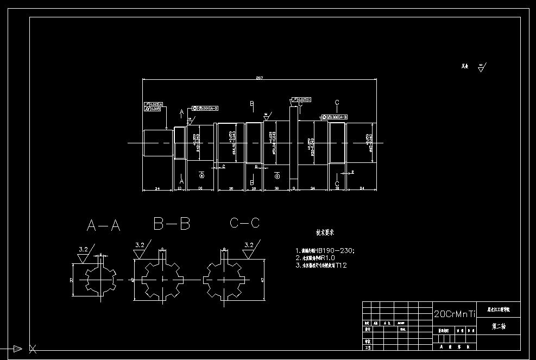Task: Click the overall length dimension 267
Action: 260,78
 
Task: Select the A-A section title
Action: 103,225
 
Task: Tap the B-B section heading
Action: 172,223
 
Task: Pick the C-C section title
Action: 245,223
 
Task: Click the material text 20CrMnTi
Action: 455,314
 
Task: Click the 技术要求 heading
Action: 326,232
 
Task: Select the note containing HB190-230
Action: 325,250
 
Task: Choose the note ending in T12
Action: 321,266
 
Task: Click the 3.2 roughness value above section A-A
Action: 83,249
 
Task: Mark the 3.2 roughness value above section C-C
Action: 249,245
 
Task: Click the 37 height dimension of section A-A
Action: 72,280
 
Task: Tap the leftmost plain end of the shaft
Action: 154,143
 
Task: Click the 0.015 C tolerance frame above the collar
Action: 302,99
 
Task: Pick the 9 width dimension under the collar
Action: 294,188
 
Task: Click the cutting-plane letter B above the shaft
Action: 251,103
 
